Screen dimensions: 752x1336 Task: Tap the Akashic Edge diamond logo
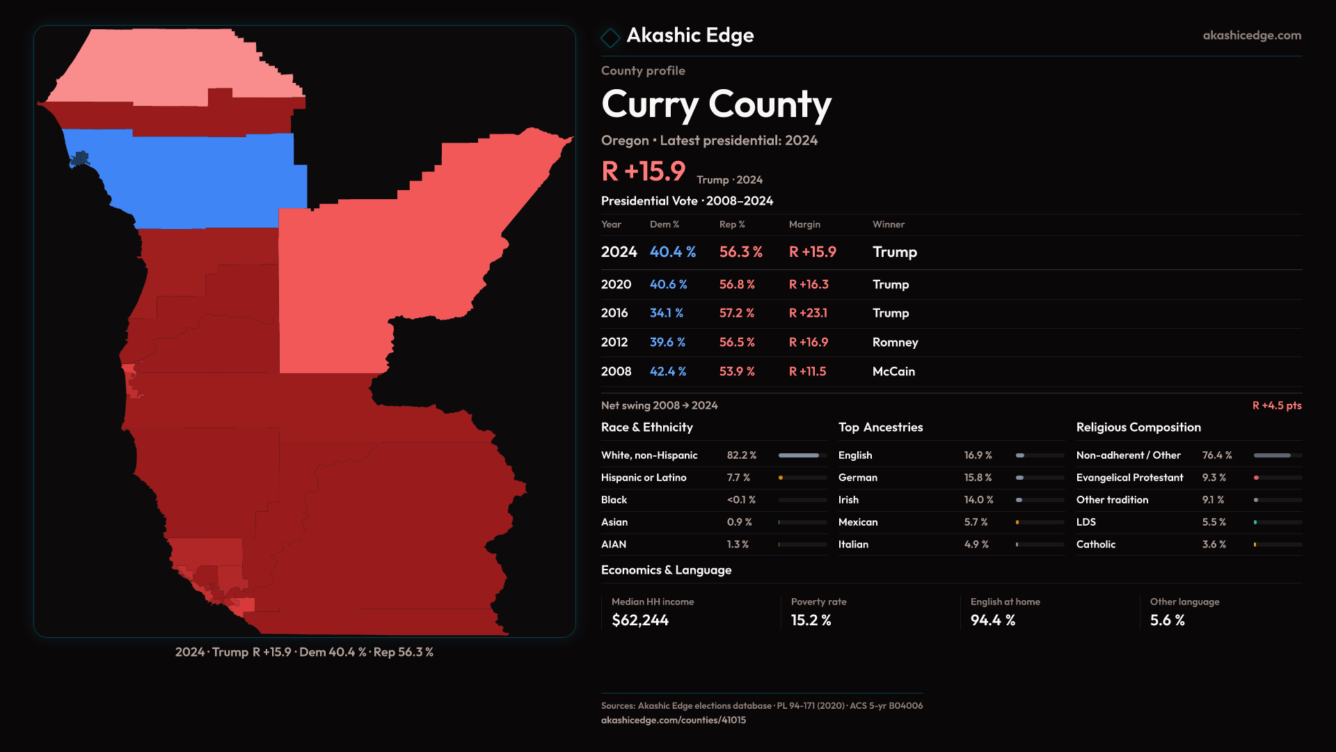click(x=610, y=38)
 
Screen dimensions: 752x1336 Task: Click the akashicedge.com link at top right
click(x=1252, y=36)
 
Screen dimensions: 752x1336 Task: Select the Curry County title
click(x=716, y=104)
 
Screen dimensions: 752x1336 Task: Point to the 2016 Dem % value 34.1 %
click(x=666, y=313)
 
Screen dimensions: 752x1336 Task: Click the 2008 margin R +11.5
click(x=807, y=372)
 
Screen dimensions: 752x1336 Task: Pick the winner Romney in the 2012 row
click(x=895, y=343)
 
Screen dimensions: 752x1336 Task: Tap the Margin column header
click(x=804, y=224)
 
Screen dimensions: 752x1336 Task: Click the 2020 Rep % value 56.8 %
click(x=736, y=285)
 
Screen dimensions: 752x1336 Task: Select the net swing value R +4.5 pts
click(x=1276, y=405)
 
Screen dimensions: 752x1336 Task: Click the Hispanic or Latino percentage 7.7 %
click(x=738, y=478)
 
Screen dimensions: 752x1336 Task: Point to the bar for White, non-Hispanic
click(x=802, y=455)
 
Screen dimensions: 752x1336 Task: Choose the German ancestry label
click(x=857, y=478)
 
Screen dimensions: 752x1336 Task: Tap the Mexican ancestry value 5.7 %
click(x=976, y=522)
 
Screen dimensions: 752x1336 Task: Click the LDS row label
click(x=1085, y=522)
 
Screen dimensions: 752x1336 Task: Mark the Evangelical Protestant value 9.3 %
click(x=1214, y=478)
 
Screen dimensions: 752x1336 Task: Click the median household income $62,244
click(x=639, y=620)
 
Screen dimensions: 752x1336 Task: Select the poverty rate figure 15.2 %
click(x=811, y=620)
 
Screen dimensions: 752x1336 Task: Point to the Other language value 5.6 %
click(x=1167, y=620)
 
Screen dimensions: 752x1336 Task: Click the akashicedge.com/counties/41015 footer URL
click(x=673, y=720)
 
